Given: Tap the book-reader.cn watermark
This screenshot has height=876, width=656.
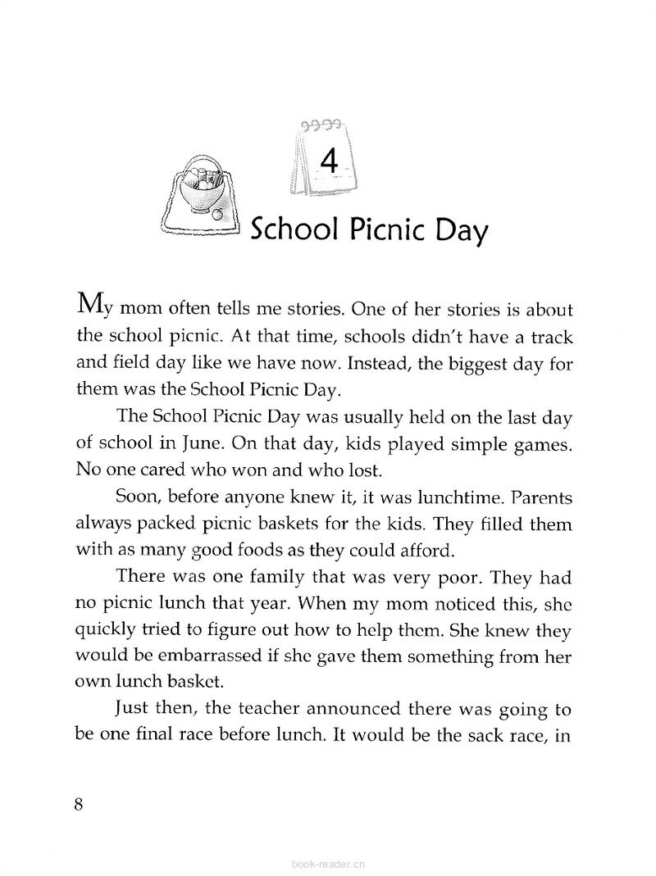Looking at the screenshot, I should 327,863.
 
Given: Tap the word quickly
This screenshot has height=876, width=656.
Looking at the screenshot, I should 103,629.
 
